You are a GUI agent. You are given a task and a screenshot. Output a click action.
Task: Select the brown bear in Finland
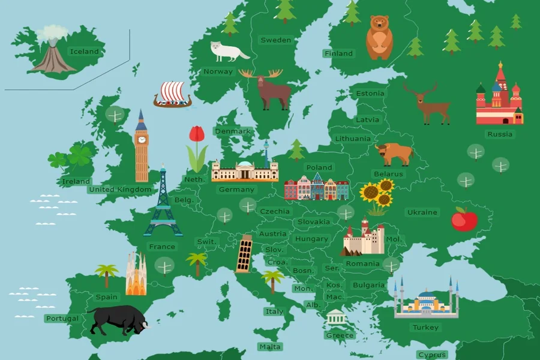pyautogui.click(x=379, y=37)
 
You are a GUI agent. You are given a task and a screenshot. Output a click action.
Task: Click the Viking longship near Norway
pyautogui.click(x=172, y=95)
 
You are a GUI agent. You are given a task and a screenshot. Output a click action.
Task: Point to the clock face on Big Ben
pyautogui.click(x=142, y=140)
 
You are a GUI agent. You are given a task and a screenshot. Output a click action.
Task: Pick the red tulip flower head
pyautogui.click(x=196, y=134)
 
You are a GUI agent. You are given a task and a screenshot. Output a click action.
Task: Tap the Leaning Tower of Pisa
pyautogui.click(x=244, y=253)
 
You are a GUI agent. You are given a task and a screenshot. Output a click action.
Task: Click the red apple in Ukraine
pyautogui.click(x=464, y=220)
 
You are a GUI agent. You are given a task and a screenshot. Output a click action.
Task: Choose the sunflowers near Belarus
pyautogui.click(x=377, y=195)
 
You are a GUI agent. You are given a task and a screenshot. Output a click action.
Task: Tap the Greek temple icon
pyautogui.click(x=337, y=319)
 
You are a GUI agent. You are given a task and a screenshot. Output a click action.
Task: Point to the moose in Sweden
pyautogui.click(x=267, y=89)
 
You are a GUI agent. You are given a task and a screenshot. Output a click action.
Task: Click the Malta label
pyautogui.click(x=269, y=347)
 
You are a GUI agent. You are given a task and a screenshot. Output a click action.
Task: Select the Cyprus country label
pyautogui.click(x=432, y=355)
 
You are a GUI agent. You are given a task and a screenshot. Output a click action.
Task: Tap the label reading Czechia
pyautogui.click(x=275, y=211)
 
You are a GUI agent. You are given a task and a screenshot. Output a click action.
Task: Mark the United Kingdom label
pyautogui.click(x=120, y=190)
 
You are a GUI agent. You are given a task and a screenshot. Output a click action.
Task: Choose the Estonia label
pyautogui.click(x=370, y=94)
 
